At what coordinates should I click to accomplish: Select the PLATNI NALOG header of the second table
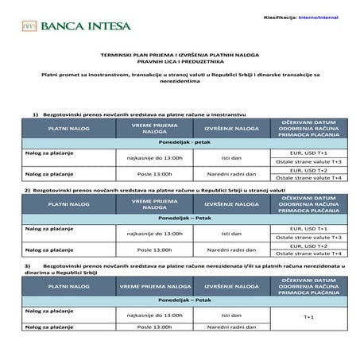(x=68, y=206)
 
